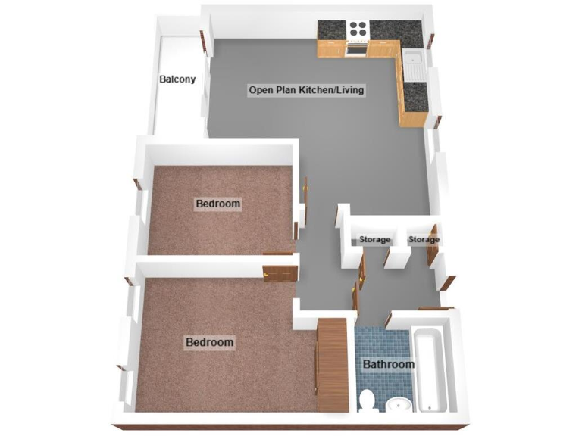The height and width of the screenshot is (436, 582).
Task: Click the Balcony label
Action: (177, 79)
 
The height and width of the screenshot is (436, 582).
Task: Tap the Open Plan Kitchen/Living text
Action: (307, 90)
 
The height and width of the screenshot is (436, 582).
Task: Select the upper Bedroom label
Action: (218, 204)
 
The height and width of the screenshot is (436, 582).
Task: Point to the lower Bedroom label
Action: (210, 342)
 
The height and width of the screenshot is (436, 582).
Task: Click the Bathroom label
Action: (389, 364)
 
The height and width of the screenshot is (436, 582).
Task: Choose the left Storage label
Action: (375, 240)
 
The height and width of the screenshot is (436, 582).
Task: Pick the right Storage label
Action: (424, 240)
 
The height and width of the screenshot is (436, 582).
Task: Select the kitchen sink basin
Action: (414, 58)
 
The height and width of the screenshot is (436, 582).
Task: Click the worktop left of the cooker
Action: (331, 30)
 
